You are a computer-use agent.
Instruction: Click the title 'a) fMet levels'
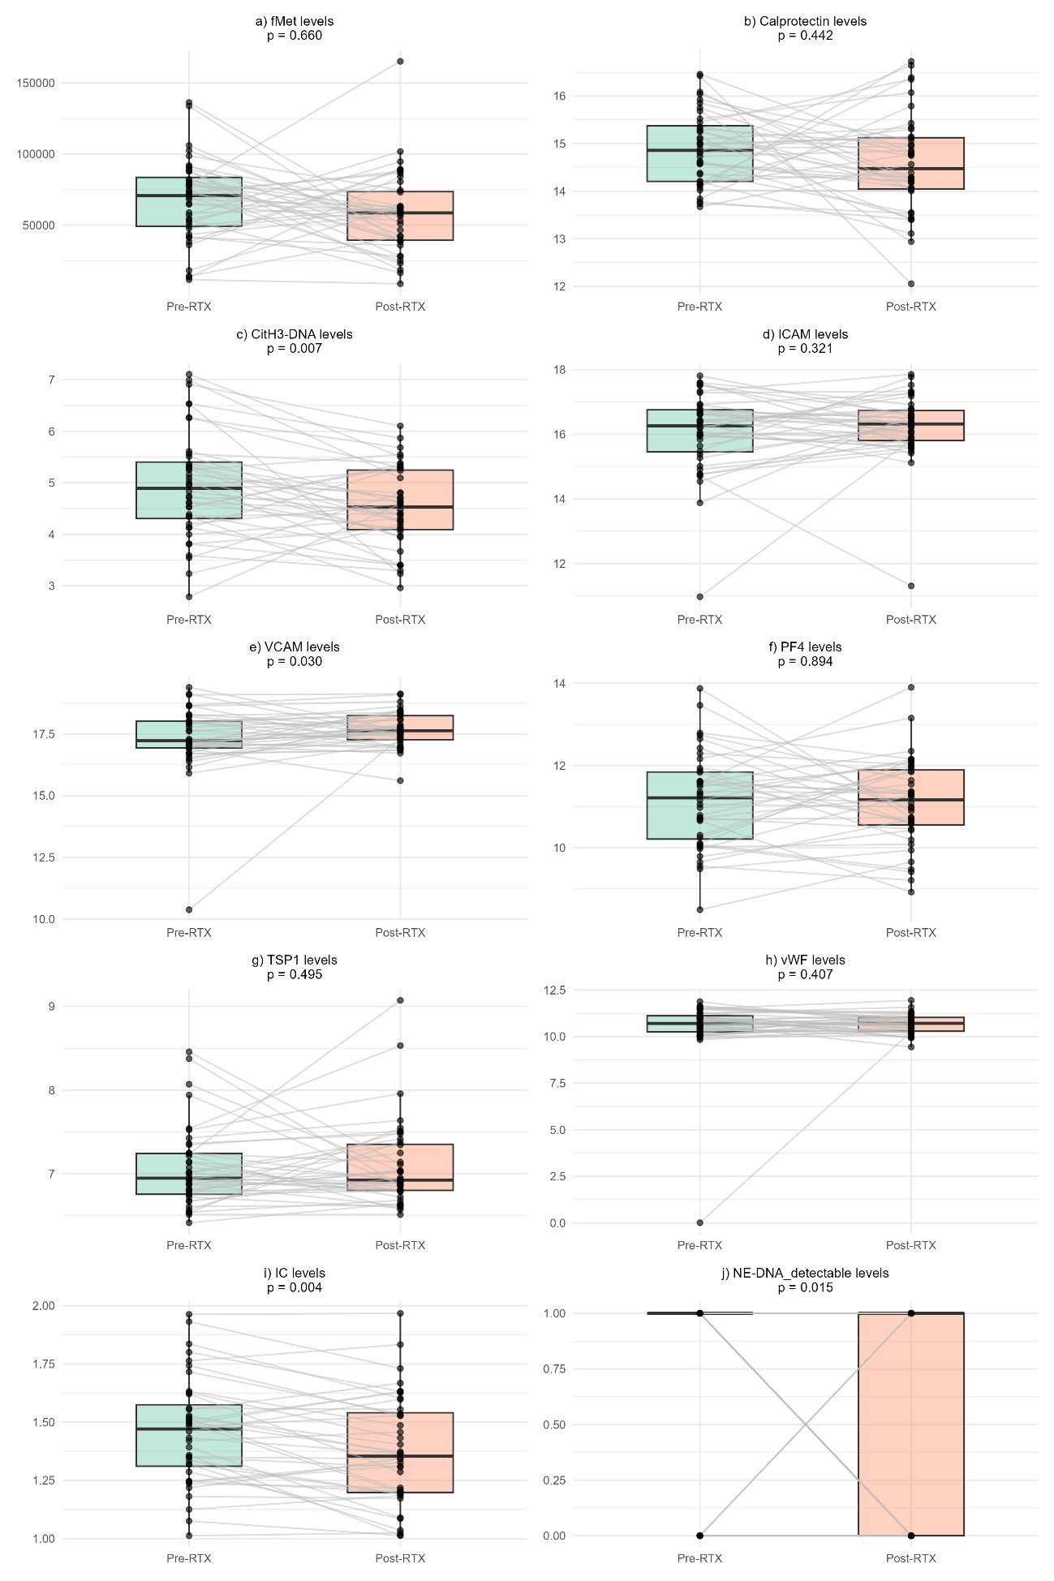coord(294,21)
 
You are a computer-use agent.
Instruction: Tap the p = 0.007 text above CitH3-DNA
coord(294,349)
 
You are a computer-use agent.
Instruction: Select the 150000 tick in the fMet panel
coord(36,83)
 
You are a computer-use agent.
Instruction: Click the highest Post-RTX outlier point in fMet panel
coord(400,62)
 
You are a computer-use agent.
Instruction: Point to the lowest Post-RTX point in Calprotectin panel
coord(911,284)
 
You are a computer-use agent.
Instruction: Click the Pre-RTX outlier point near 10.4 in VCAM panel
coord(189,909)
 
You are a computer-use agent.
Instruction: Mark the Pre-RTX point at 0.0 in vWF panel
coord(699,1222)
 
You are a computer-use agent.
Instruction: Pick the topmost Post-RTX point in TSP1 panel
coord(400,1000)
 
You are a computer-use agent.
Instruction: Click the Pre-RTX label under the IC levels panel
coord(189,1558)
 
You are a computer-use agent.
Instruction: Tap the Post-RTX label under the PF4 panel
coord(910,933)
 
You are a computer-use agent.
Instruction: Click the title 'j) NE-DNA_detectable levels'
coord(805,1274)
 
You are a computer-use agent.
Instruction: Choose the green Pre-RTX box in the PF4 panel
coord(699,806)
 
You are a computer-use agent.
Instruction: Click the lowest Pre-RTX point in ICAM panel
coord(699,596)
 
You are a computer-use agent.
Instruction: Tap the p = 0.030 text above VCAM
coord(294,662)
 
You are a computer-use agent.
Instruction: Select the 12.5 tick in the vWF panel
coord(555,990)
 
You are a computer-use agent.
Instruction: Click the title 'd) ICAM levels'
coord(805,334)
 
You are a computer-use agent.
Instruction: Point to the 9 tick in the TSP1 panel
coord(51,1006)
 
